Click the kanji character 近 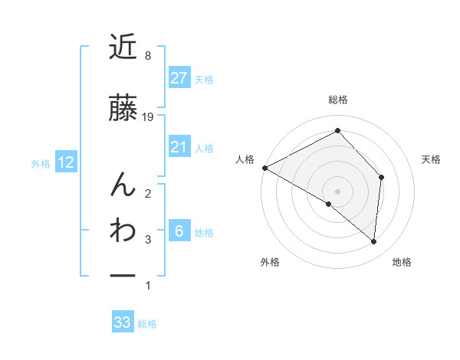(x=123, y=48)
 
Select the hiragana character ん (x=123, y=184)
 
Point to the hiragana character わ (x=123, y=230)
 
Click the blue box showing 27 (x=179, y=78)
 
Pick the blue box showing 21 (x=179, y=147)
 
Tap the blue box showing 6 (x=179, y=231)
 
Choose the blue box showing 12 (x=65, y=162)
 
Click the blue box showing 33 (x=122, y=322)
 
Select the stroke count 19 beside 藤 (x=149, y=117)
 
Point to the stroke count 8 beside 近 (x=147, y=56)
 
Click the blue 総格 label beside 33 (x=147, y=324)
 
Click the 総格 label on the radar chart (x=337, y=100)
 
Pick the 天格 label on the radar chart (x=432, y=159)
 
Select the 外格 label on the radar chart (x=269, y=262)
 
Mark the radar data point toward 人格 (x=264, y=168)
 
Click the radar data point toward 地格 (x=373, y=242)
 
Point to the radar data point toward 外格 (x=329, y=204)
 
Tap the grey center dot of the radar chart (x=337, y=191)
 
